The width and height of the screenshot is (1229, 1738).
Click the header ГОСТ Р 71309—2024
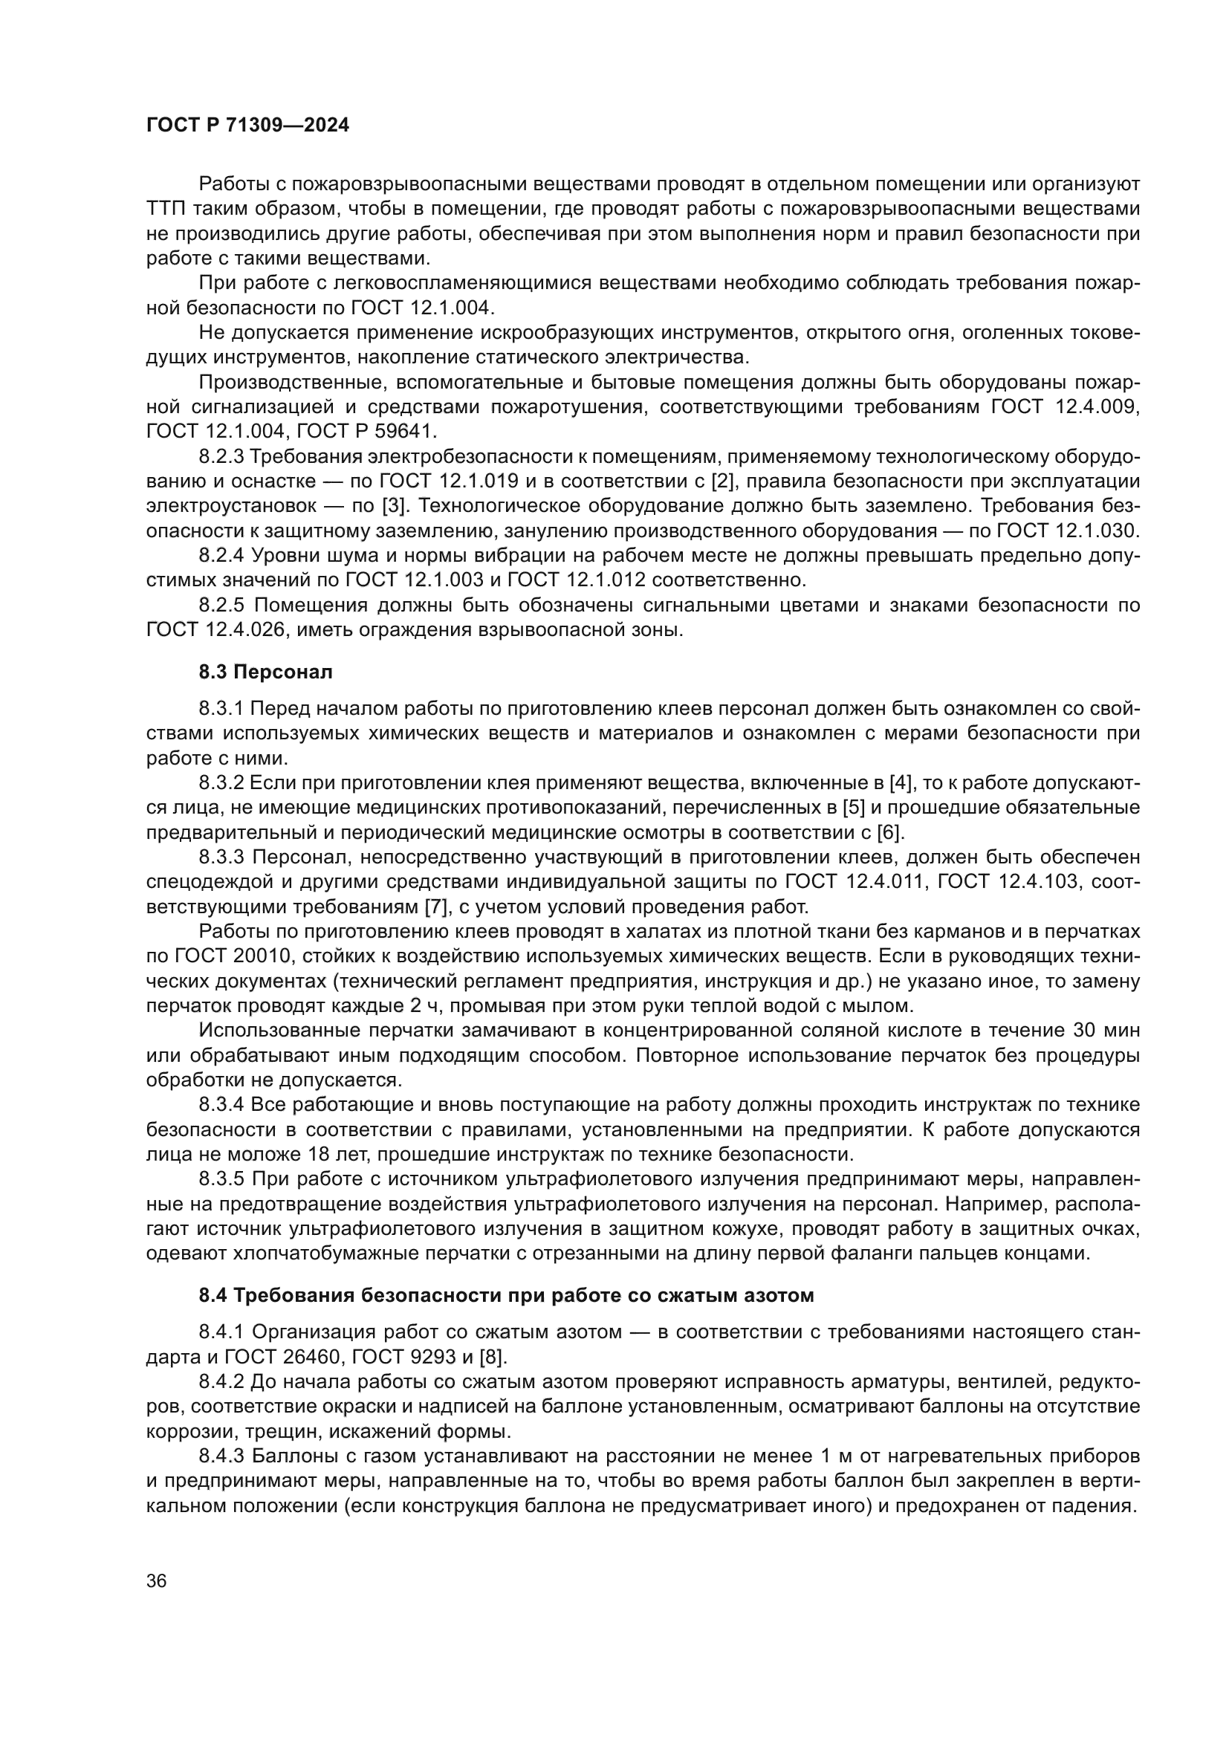[x=247, y=126]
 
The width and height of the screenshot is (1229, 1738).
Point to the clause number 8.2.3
[x=221, y=456]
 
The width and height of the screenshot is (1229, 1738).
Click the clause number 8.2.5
[x=221, y=605]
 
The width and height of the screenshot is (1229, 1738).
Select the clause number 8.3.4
[x=221, y=1105]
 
